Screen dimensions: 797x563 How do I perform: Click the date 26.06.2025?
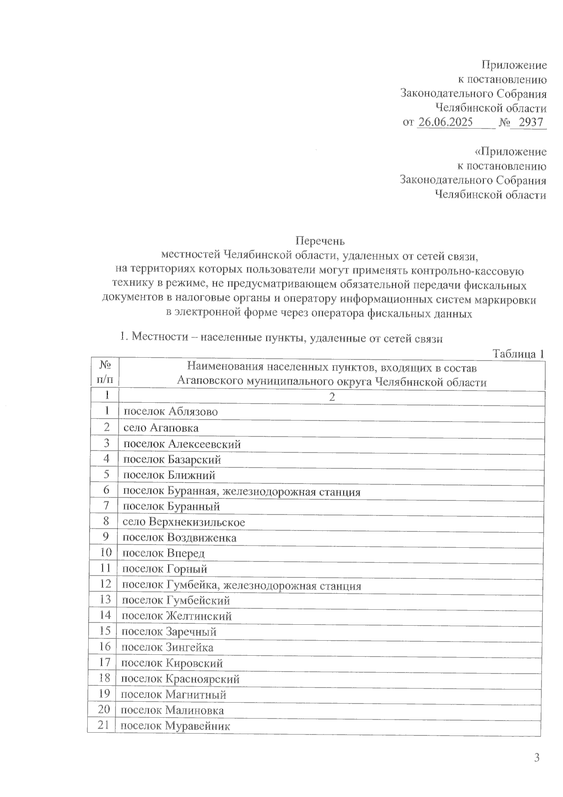coord(445,123)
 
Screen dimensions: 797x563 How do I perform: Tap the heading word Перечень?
coord(320,241)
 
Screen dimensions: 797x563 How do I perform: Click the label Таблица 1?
coord(518,354)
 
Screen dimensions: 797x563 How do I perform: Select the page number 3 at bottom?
coord(537,758)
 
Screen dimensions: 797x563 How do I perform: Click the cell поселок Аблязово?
coord(171,412)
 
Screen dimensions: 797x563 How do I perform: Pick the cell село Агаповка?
coord(161,428)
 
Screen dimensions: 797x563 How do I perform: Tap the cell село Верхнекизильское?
coord(184,521)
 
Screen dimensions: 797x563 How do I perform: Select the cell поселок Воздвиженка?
coord(180,537)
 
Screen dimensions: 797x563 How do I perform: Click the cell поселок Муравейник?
coord(176,726)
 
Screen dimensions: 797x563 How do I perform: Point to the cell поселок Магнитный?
coord(174,694)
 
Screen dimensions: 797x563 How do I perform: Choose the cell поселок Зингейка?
coord(167,647)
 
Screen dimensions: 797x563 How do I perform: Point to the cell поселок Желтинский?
coord(177,616)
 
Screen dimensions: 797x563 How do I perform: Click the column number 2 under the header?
coord(332,397)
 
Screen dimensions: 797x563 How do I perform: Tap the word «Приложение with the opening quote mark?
coord(510,152)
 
